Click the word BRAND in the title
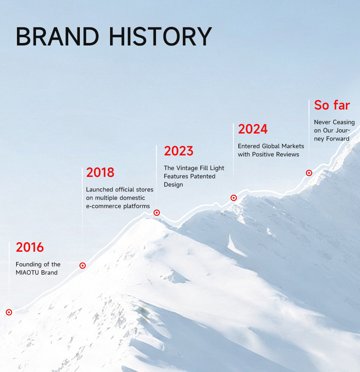(x=57, y=36)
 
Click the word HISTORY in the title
(x=160, y=36)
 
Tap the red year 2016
(x=30, y=247)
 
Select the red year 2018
(x=100, y=172)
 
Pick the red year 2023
(x=179, y=151)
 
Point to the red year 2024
(x=253, y=129)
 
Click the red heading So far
(x=332, y=105)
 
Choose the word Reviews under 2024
(x=288, y=155)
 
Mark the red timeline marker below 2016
(x=9, y=312)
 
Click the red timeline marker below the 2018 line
(x=82, y=265)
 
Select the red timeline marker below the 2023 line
(x=156, y=212)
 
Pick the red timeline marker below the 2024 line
(x=234, y=198)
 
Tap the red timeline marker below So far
(x=309, y=173)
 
